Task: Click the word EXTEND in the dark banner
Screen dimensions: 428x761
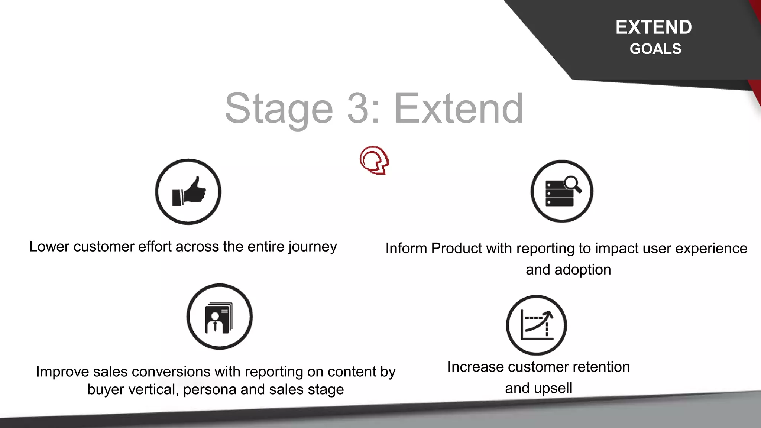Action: (654, 27)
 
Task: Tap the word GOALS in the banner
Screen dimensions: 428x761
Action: (655, 49)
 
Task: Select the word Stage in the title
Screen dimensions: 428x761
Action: (279, 108)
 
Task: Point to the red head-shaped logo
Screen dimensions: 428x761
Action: (374, 160)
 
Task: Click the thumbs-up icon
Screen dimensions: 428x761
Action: (188, 192)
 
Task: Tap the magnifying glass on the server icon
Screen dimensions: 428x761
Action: (573, 184)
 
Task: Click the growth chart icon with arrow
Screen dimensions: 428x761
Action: (537, 325)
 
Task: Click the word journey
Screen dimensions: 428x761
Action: (313, 247)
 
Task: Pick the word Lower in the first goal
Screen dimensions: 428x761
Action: (49, 247)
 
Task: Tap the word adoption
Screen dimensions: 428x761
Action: (582, 270)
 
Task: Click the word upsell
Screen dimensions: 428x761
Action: (553, 388)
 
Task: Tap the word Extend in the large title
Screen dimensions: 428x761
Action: (459, 108)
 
